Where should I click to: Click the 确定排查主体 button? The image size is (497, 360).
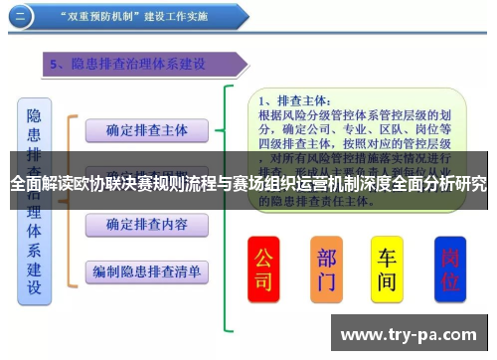146,130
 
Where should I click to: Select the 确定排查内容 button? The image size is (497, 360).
146,224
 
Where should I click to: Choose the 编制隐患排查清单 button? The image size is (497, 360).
146,270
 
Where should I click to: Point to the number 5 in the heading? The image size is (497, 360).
57,64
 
